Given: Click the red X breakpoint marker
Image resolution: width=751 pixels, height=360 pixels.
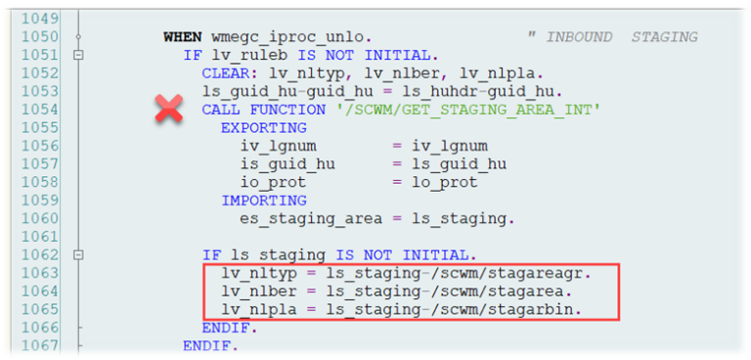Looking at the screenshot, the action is (x=169, y=110).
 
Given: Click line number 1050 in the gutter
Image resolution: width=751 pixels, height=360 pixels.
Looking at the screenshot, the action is (x=39, y=37).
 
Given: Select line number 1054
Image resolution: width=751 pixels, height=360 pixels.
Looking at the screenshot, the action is (x=39, y=110).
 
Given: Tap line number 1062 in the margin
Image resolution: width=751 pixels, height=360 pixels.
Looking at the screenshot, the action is (x=39, y=254).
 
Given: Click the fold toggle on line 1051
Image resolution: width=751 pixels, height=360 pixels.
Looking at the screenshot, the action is (x=77, y=56).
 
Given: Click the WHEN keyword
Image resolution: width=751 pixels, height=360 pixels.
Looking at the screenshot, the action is (x=183, y=37).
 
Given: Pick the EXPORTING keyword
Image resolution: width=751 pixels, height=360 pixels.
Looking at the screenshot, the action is (x=263, y=128).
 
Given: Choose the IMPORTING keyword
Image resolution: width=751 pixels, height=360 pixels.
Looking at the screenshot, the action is (x=263, y=201).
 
